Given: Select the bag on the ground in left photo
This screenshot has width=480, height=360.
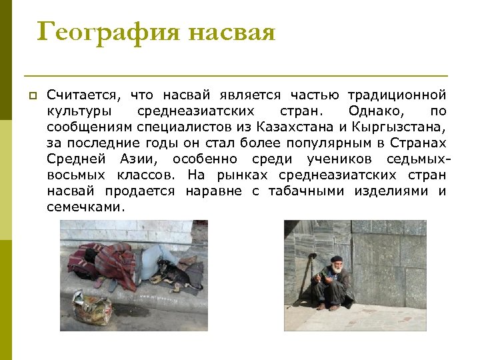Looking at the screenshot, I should click(93, 307).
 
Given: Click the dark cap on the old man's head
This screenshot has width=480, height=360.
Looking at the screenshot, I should click(337, 259).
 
